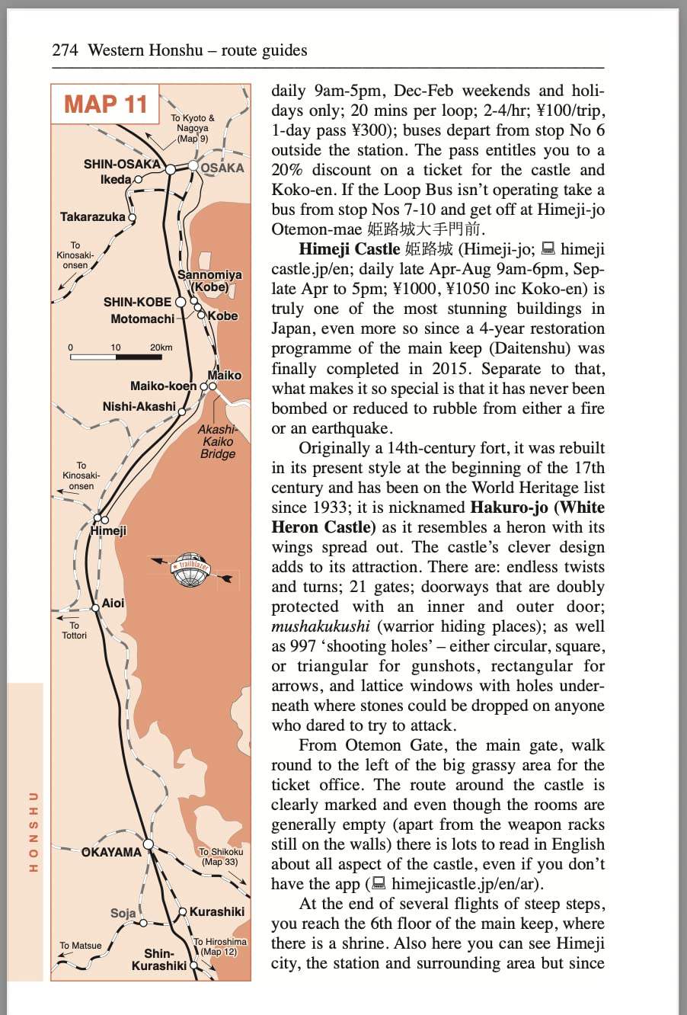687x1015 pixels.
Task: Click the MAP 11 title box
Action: point(105,104)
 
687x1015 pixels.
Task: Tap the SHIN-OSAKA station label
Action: point(122,164)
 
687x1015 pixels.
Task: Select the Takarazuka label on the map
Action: point(92,217)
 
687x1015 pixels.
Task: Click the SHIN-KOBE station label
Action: point(137,302)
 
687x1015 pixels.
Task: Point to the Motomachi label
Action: point(142,319)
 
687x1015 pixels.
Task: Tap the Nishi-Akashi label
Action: point(139,407)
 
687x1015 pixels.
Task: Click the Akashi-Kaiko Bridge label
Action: point(218,441)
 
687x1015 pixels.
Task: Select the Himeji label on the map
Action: point(108,531)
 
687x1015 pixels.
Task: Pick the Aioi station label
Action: point(113,603)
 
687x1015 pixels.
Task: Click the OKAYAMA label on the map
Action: point(111,852)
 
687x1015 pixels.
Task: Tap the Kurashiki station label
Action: point(217,912)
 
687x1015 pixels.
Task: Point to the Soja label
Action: point(123,913)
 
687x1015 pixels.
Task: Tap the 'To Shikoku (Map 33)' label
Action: point(221,857)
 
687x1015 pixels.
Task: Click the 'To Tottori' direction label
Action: point(74,630)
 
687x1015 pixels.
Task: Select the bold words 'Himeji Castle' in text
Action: point(349,249)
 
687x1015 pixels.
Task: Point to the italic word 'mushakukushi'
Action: point(320,626)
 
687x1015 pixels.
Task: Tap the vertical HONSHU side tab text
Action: point(33,831)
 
